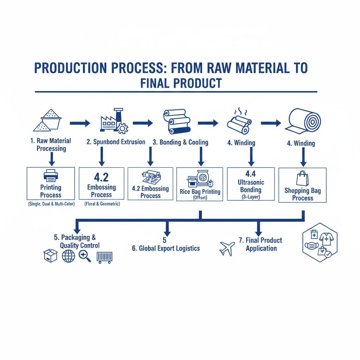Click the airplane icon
coord(227,249)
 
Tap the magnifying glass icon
coord(85,256)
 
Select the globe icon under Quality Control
coord(69,256)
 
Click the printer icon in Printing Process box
coord(51,176)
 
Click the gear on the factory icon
coord(123,128)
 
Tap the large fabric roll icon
coord(303,121)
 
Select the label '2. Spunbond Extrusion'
coord(116,142)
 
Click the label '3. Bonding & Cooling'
coord(180,142)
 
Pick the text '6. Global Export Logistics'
coord(166,249)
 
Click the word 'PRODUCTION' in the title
coord(70,68)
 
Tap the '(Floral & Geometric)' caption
coord(102,204)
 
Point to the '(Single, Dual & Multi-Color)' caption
coord(51,204)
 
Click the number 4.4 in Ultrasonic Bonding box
coord(250,174)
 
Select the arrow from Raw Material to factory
coord(80,123)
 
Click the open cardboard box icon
coord(51,256)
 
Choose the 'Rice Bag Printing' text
coord(200,192)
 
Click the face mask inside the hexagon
coord(312,246)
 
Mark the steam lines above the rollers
coord(240,112)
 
